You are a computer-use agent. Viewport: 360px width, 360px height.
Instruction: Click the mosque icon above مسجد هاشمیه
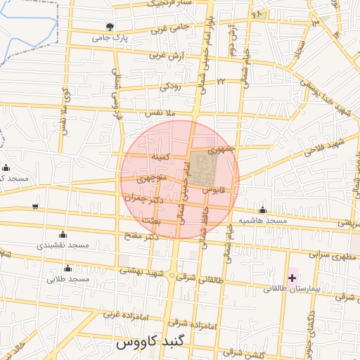[263, 210]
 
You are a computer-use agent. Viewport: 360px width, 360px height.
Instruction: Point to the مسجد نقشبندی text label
[63, 245]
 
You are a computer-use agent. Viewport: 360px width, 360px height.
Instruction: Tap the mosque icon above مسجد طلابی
[67, 268]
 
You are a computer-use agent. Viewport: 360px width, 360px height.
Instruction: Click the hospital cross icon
[292, 278]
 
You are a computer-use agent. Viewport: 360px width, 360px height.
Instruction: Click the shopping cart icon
[35, 206]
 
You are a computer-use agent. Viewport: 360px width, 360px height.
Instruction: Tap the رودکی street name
[170, 87]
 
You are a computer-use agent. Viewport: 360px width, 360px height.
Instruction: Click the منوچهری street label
[153, 179]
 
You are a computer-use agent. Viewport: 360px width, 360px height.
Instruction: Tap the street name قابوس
[212, 190]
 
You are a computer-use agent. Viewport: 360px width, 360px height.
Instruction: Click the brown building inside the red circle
[204, 165]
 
